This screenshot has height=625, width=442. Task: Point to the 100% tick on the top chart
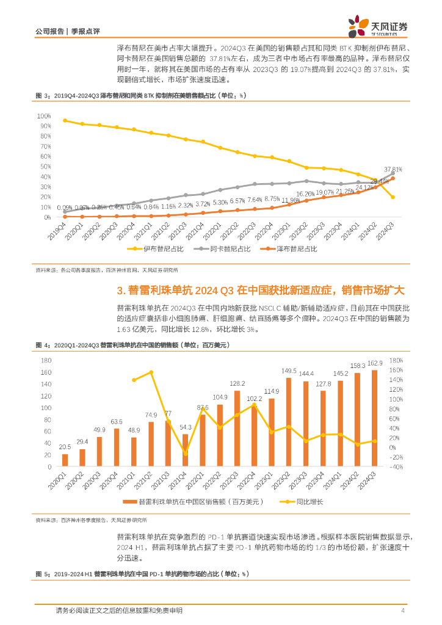click(43, 115)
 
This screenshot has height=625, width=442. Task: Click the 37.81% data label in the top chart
click(393, 169)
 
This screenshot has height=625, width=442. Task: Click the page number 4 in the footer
click(403, 610)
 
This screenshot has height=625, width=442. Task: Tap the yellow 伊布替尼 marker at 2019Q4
click(65, 120)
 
